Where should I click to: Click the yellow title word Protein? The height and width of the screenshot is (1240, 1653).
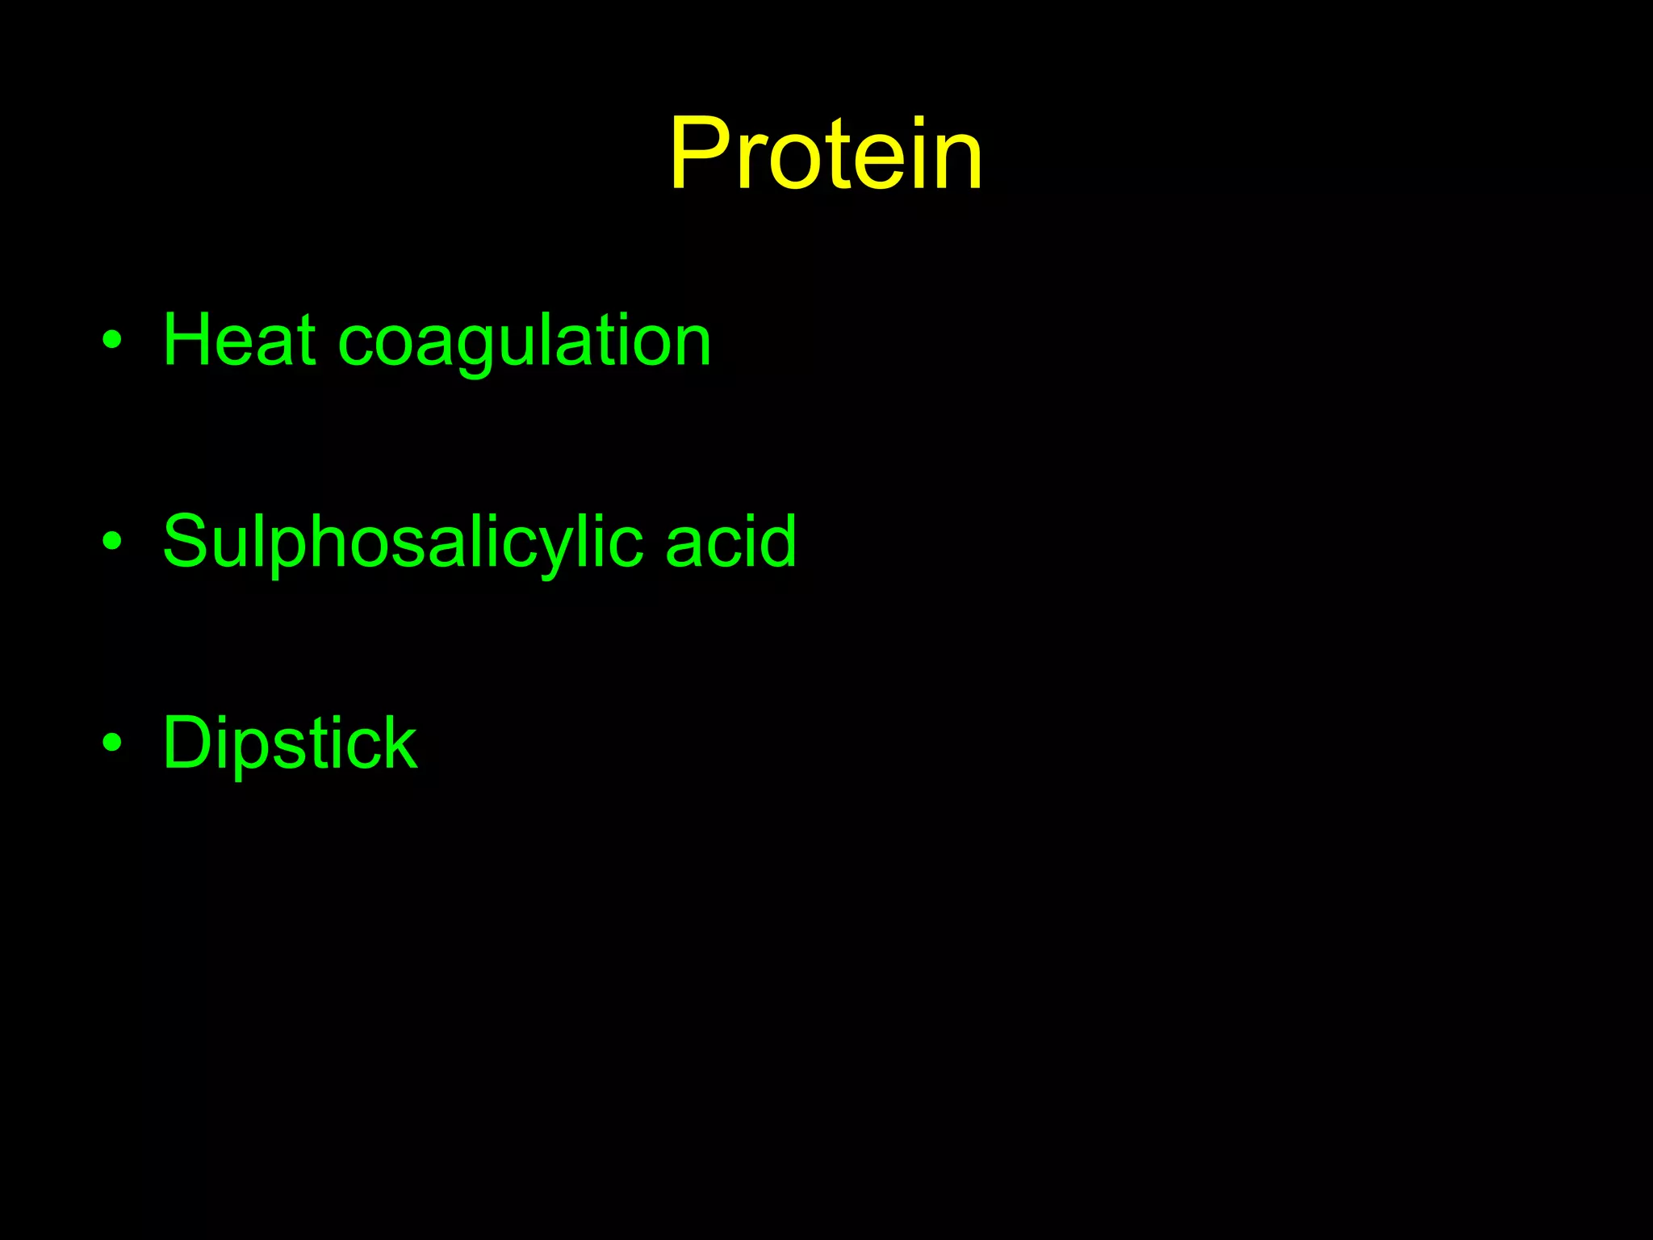pos(826,154)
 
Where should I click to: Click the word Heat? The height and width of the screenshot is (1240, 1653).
pos(239,340)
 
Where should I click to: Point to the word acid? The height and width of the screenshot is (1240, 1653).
pos(730,542)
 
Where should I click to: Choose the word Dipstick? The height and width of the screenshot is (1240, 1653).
pos(290,744)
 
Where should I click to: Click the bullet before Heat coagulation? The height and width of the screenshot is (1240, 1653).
pos(112,340)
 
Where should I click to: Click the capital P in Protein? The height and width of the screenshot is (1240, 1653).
pos(700,154)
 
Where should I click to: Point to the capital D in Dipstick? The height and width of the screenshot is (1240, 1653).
pos(188,743)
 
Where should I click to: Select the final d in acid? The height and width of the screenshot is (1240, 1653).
pos(776,541)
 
